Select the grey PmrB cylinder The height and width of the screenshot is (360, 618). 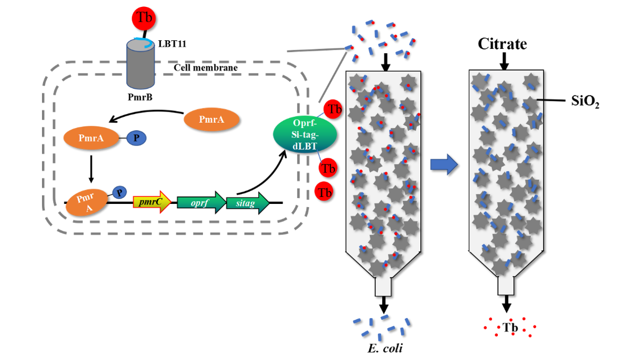click(x=140, y=66)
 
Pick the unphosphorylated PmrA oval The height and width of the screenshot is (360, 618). click(x=211, y=120)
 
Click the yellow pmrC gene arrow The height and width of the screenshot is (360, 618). click(x=151, y=202)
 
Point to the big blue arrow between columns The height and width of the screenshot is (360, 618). click(x=444, y=165)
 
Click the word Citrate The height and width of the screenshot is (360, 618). click(x=502, y=44)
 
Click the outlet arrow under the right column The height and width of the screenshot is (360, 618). click(x=506, y=304)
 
